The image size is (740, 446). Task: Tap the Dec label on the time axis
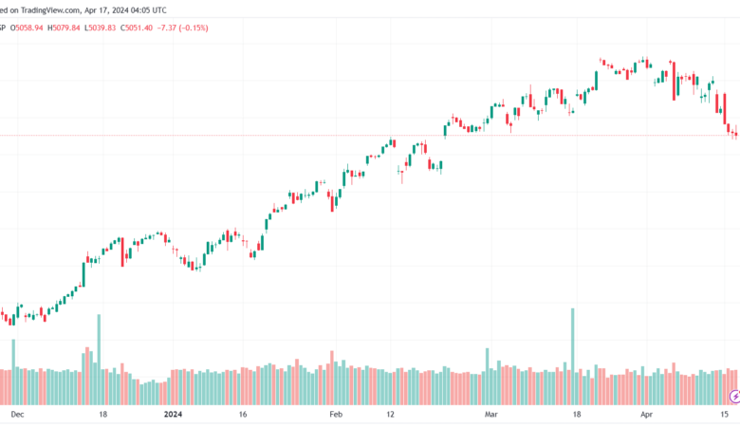click(17, 415)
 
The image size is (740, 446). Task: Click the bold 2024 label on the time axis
click(172, 415)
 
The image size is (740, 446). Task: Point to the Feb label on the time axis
click(334, 415)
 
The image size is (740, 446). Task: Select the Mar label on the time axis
click(490, 415)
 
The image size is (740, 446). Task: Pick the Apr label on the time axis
click(647, 415)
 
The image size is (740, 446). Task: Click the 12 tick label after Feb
click(391, 415)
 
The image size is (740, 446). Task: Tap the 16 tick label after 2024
click(243, 415)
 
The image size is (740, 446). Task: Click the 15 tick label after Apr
click(725, 415)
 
